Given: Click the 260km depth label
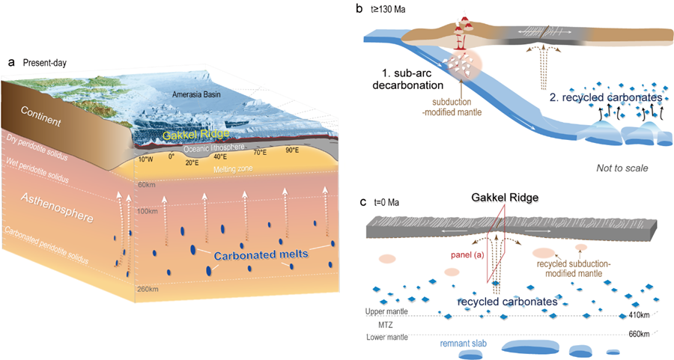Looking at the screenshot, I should (x=147, y=287).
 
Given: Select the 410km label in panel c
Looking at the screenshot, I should (x=640, y=315).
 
